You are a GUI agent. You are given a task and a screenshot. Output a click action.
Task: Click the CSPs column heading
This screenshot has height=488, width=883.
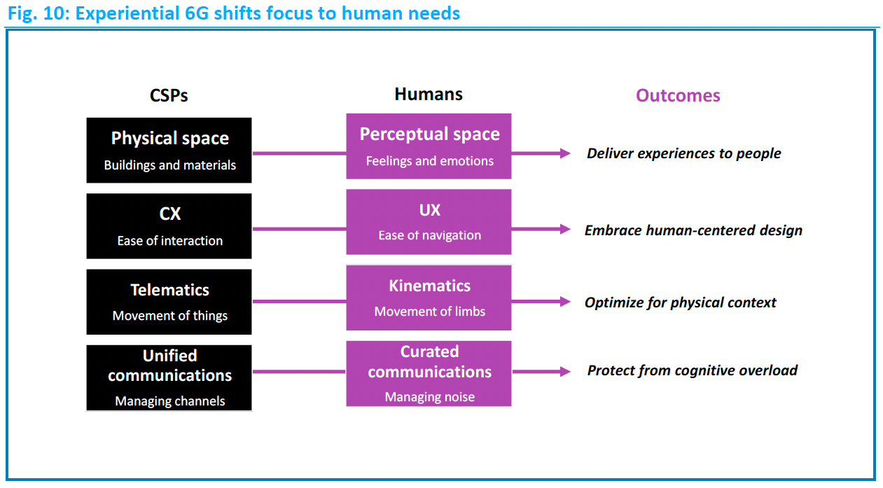(x=169, y=95)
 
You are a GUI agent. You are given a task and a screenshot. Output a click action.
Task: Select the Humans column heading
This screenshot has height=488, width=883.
(x=429, y=95)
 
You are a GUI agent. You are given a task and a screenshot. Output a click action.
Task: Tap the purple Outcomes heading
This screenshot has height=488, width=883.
(x=678, y=95)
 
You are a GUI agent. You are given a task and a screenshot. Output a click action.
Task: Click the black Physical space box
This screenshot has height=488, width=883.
(x=169, y=151)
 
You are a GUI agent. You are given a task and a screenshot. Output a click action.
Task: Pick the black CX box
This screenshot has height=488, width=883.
(x=169, y=226)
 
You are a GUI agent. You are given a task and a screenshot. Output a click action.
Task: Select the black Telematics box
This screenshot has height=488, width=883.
(x=169, y=302)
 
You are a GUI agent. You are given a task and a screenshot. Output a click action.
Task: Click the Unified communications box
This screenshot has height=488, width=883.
(x=169, y=377)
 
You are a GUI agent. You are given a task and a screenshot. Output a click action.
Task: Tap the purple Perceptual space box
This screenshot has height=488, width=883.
(x=429, y=146)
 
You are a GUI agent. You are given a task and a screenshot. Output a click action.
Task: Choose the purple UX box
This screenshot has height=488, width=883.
(x=429, y=222)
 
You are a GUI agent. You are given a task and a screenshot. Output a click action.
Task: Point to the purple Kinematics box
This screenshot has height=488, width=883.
(x=429, y=298)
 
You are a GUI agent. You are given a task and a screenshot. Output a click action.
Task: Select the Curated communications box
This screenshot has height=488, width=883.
(x=429, y=374)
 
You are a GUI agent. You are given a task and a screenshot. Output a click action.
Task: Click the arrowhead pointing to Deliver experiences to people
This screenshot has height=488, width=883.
(x=565, y=153)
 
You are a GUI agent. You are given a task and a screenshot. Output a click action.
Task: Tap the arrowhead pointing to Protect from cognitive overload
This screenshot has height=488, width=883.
(x=565, y=371)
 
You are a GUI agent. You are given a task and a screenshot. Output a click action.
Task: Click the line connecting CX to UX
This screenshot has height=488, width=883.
(x=299, y=229)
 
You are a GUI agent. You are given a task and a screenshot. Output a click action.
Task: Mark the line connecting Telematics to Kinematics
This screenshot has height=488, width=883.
(x=299, y=302)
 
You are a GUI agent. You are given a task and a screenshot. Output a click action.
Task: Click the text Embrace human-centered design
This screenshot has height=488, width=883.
(x=693, y=230)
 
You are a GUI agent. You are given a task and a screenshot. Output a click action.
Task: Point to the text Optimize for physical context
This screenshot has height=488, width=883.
(x=681, y=302)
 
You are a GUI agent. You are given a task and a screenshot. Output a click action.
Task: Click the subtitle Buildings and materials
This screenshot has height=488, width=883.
(x=170, y=165)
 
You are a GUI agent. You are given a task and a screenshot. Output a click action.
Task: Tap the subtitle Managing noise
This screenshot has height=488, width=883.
(x=430, y=397)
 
